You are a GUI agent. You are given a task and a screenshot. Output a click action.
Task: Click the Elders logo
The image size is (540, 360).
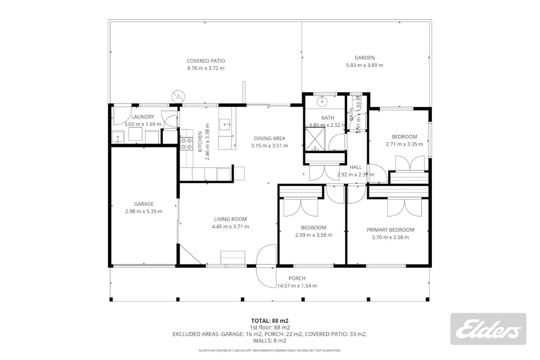click(488, 329)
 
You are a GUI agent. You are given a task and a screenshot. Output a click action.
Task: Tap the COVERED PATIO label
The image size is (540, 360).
click(206, 61)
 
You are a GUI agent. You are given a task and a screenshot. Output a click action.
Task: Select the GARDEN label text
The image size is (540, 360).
click(365, 58)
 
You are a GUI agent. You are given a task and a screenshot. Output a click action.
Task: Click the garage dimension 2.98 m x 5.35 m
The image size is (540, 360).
click(144, 211)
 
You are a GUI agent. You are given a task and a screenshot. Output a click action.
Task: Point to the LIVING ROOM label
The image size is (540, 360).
click(230, 219)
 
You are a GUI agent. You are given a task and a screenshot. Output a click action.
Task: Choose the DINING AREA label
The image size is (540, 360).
click(269, 138)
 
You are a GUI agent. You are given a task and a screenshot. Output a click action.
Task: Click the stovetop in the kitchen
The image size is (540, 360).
click(186, 143)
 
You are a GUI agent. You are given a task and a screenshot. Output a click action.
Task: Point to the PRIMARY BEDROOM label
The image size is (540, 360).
click(390, 230)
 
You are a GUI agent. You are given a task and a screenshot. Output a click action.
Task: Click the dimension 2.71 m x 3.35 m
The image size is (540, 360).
click(404, 144)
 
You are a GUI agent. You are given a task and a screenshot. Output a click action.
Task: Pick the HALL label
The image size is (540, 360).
click(356, 167)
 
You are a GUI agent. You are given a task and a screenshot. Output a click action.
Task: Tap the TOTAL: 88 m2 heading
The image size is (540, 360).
click(270, 321)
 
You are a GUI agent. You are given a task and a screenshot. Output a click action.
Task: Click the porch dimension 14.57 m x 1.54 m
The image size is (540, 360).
click(297, 286)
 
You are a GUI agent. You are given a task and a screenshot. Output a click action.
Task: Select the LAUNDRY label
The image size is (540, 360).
click(143, 117)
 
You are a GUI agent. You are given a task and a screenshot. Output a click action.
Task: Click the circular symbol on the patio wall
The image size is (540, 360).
click(178, 97)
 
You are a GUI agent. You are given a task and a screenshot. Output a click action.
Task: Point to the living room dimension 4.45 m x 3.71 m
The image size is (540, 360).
click(230, 227)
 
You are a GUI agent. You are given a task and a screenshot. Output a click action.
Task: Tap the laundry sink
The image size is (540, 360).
click(118, 138)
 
